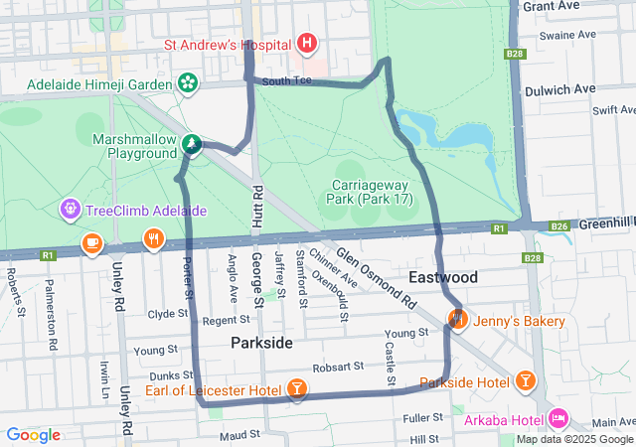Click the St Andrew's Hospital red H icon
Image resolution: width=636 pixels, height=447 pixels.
pos(307,44)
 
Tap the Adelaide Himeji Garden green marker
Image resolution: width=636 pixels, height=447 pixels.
pos(188,82)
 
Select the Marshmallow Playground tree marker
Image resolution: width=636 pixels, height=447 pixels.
pos(191,146)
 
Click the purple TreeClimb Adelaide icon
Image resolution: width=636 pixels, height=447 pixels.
pos(70,210)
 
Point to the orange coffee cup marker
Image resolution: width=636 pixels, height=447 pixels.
pos(91,241)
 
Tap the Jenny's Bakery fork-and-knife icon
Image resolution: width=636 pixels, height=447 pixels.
pos(458,320)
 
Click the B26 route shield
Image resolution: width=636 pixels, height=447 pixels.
pos(559,227)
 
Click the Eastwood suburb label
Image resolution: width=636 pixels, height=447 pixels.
pos(443,276)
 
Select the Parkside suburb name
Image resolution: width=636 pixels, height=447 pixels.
pos(261,343)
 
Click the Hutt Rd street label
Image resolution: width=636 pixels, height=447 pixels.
pos(256,204)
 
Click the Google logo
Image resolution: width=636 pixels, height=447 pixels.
pos(33,435)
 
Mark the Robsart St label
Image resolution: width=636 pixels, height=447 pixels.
pos(339,368)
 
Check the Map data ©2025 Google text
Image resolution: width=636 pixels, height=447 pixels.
pos(573,439)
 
